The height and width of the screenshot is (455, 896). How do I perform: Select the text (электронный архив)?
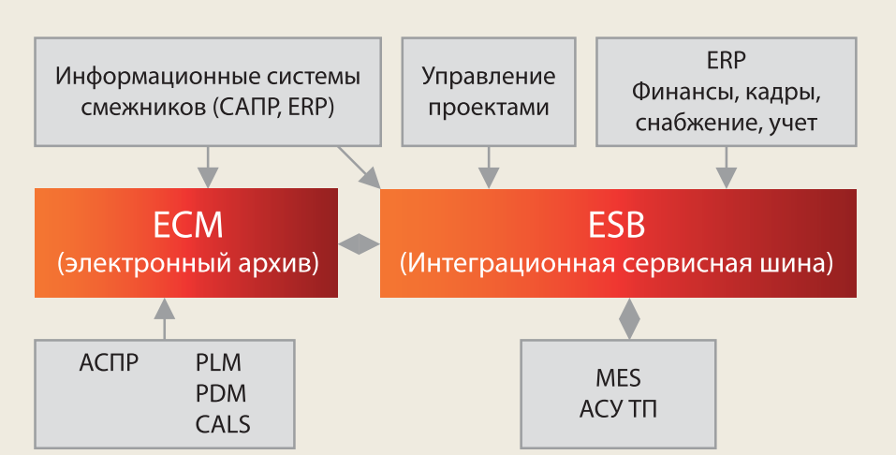point(187,264)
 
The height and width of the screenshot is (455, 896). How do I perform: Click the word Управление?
point(488,76)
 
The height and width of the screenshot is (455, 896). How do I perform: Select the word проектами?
point(487,107)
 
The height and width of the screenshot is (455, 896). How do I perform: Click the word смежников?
point(135,107)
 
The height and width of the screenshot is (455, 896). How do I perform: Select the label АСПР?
point(110,362)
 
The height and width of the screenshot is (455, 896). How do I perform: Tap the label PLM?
point(219,362)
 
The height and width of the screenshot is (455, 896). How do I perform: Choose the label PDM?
point(221,393)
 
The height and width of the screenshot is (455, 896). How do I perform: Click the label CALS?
point(223,424)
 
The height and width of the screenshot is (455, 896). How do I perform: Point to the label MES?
point(618,379)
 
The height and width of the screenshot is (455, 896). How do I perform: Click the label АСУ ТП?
point(618,410)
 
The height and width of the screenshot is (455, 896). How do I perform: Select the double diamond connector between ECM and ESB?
point(359,243)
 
